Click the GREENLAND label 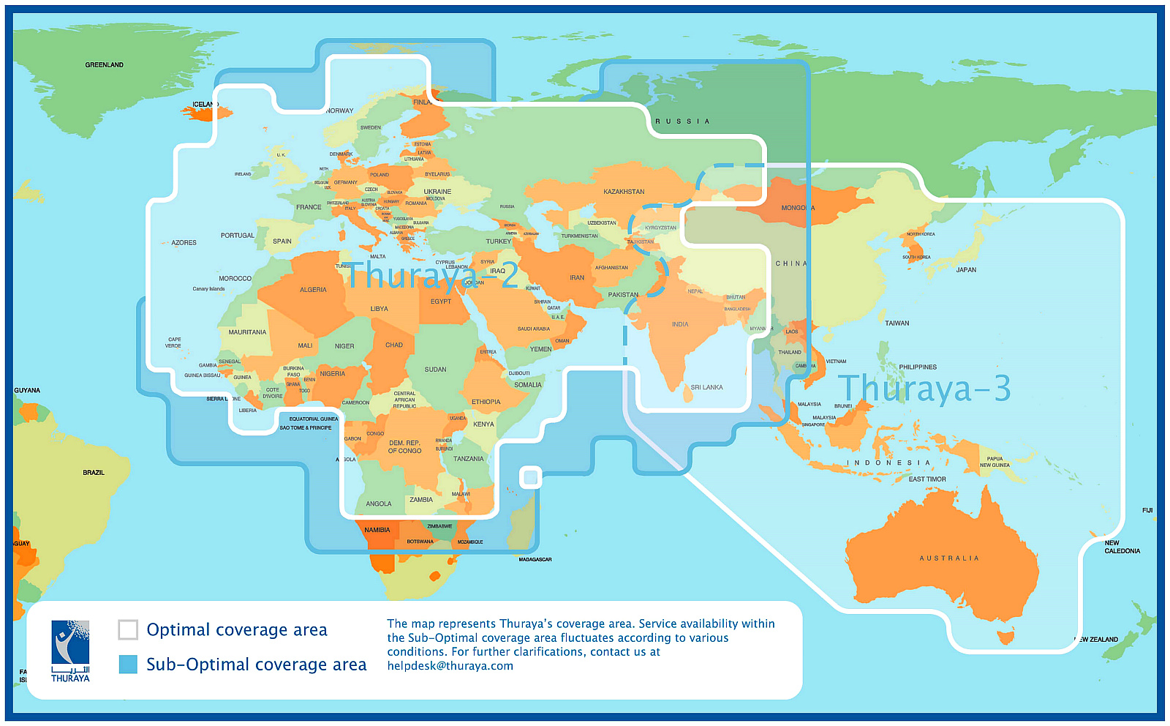(x=104, y=65)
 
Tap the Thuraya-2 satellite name (x=432, y=276)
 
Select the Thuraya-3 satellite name (x=924, y=389)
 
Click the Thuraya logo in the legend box (x=70, y=651)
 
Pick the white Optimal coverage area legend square (x=128, y=629)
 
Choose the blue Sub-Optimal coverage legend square (x=128, y=664)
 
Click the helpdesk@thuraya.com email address (x=450, y=666)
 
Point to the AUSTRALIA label (x=948, y=558)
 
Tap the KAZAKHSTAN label (x=624, y=192)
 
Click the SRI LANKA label (x=706, y=387)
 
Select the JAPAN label (x=966, y=270)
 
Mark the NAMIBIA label (x=377, y=530)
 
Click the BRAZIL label (x=94, y=473)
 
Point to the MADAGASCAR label (x=535, y=559)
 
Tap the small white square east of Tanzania (x=531, y=478)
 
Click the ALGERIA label (x=313, y=290)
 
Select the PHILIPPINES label (x=918, y=367)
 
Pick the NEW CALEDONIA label (x=1121, y=547)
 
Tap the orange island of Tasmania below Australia (x=1006, y=637)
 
